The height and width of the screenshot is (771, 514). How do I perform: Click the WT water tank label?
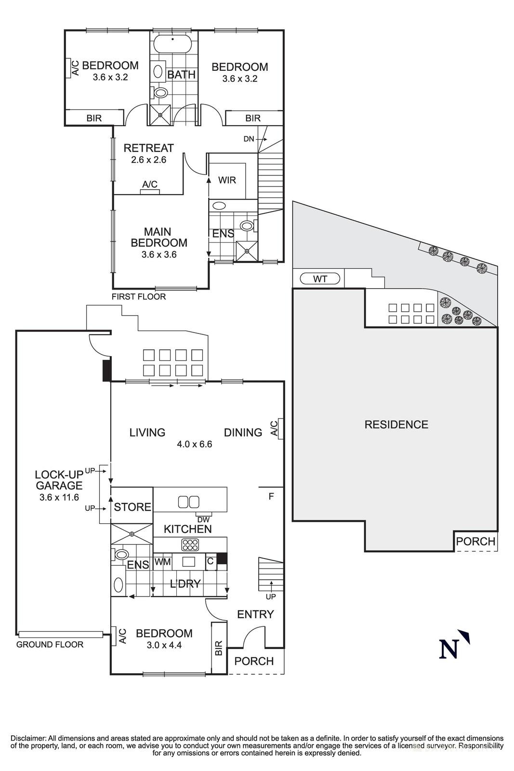pos(320,279)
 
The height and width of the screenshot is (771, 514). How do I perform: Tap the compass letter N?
pos(448,649)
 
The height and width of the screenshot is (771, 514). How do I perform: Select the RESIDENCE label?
pos(396,425)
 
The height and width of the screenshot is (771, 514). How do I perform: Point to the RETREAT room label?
pos(148,148)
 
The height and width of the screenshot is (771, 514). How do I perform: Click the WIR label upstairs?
pos(227,180)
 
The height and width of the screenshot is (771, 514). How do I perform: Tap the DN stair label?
pos(249,139)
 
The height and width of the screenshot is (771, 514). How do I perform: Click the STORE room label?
pos(132,507)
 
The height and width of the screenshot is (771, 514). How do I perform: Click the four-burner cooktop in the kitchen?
pos(190,545)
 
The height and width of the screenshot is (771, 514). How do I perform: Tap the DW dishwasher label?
pos(203,519)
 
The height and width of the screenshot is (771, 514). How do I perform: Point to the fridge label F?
pos(271,496)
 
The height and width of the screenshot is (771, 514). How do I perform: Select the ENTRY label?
pos(255,614)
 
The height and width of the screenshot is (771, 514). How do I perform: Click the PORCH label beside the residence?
pos(475,542)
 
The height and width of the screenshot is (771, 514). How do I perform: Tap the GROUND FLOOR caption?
pos(50,644)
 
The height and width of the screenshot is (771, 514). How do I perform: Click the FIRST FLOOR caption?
pos(138,297)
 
